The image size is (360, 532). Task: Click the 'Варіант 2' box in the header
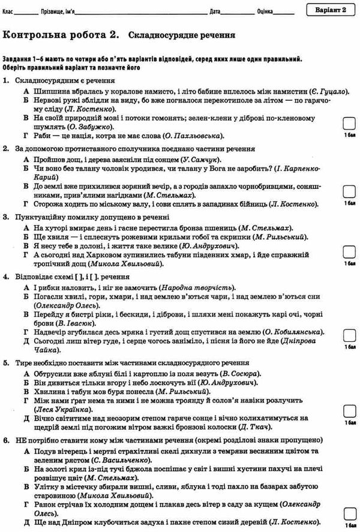tap(329, 10)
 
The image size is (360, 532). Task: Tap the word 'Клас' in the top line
tap(7, 11)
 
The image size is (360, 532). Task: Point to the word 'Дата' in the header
tap(215, 11)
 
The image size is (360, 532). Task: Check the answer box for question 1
tap(348, 125)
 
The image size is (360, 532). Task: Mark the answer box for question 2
tap(348, 191)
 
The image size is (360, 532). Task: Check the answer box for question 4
tap(348, 336)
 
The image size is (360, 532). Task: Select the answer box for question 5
tap(348, 411)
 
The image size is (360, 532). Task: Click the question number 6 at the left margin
tap(5, 440)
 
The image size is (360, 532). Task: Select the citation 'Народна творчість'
tap(200, 288)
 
